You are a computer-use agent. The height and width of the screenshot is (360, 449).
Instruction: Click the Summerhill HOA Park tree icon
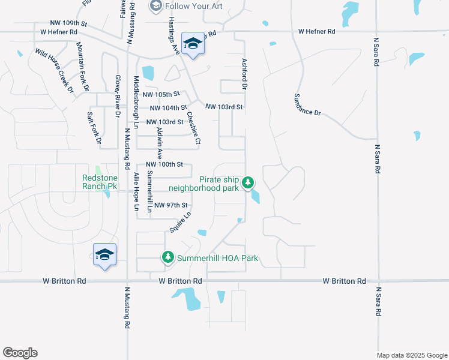[168, 257]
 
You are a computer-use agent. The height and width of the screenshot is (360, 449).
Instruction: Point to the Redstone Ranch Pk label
[99, 182]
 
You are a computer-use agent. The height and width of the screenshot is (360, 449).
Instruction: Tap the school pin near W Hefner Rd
[193, 44]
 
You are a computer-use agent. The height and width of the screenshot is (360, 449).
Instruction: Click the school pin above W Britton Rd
[104, 255]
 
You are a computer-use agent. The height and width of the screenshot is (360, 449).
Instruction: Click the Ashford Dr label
[244, 74]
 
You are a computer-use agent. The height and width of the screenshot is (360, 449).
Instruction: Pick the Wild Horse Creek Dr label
[53, 70]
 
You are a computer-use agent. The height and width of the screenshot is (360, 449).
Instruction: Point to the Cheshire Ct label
[193, 128]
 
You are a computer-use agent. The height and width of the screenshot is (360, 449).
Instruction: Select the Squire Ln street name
[180, 222]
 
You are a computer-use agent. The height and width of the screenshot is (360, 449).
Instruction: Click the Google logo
[20, 353]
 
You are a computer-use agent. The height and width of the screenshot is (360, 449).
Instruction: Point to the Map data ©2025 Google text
[411, 355]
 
